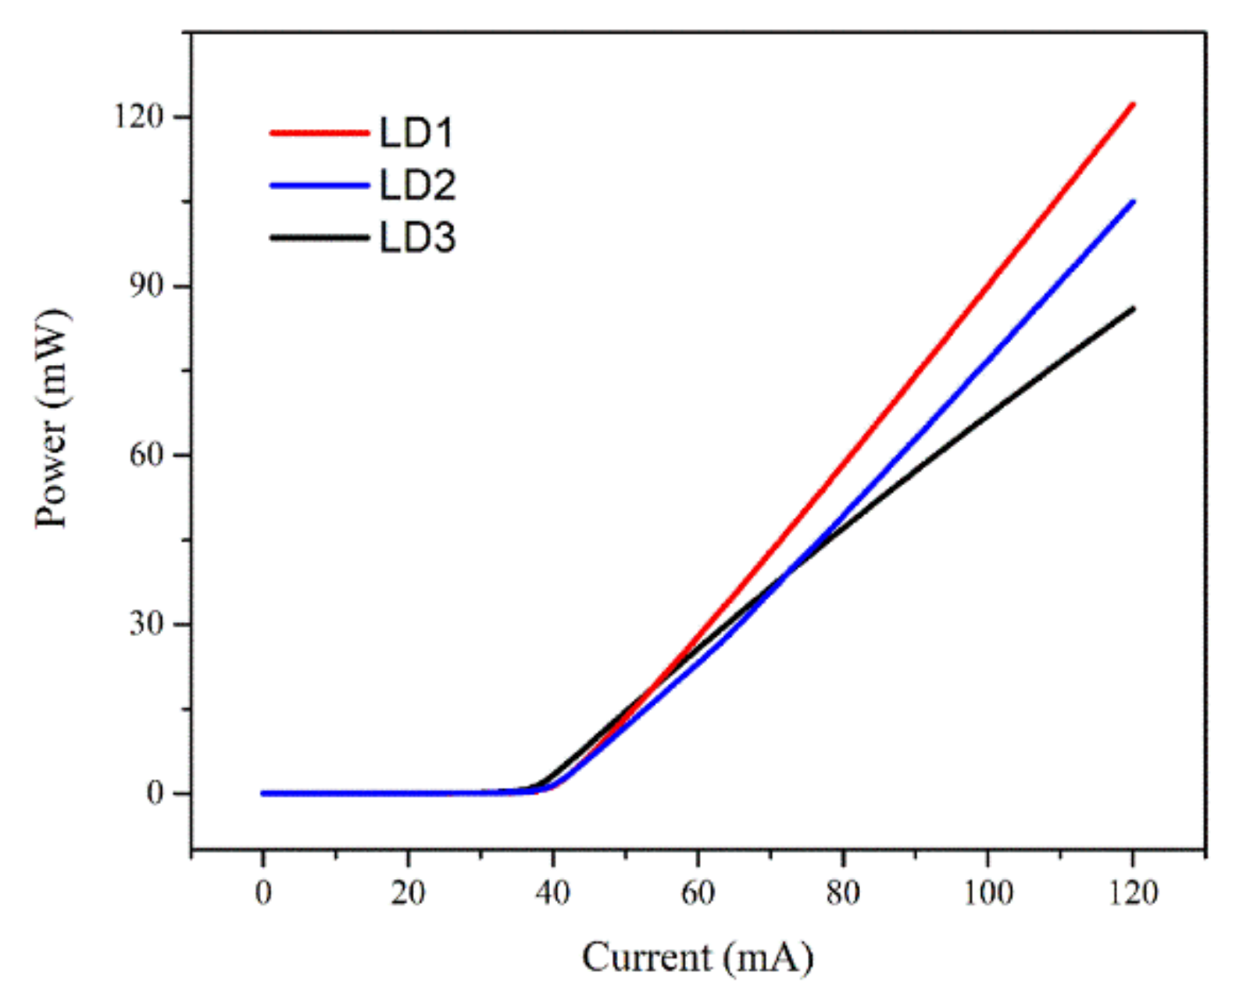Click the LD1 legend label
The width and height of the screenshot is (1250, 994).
pyautogui.click(x=416, y=133)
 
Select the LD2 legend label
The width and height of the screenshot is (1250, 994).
pyautogui.click(x=417, y=185)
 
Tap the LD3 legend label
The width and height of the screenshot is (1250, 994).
pyautogui.click(x=417, y=238)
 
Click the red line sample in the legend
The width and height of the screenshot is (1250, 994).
pyautogui.click(x=319, y=133)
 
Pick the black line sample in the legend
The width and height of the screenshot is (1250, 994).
pyautogui.click(x=319, y=238)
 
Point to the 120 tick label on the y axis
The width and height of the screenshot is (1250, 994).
pyautogui.click(x=139, y=116)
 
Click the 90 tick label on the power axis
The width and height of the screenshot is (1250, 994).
pyautogui.click(x=147, y=286)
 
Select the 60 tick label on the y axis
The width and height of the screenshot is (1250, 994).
pyautogui.click(x=147, y=455)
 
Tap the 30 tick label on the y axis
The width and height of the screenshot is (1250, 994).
pyautogui.click(x=147, y=624)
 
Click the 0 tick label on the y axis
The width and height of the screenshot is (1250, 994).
pyautogui.click(x=155, y=793)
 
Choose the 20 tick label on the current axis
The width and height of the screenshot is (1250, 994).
pyautogui.click(x=408, y=892)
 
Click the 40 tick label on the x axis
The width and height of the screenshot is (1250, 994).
pyautogui.click(x=553, y=892)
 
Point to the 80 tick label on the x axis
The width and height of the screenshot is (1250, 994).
pyautogui.click(x=843, y=892)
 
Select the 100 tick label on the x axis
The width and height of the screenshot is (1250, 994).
pyautogui.click(x=987, y=892)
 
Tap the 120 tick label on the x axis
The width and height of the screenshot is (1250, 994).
pyautogui.click(x=1133, y=892)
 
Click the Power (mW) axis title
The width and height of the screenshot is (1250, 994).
pyautogui.click(x=53, y=419)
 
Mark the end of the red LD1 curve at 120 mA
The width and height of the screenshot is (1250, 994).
pyautogui.click(x=1132, y=104)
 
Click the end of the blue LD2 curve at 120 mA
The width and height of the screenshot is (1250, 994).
pyautogui.click(x=1132, y=202)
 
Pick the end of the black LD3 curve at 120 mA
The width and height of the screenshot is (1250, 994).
pyautogui.click(x=1132, y=309)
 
